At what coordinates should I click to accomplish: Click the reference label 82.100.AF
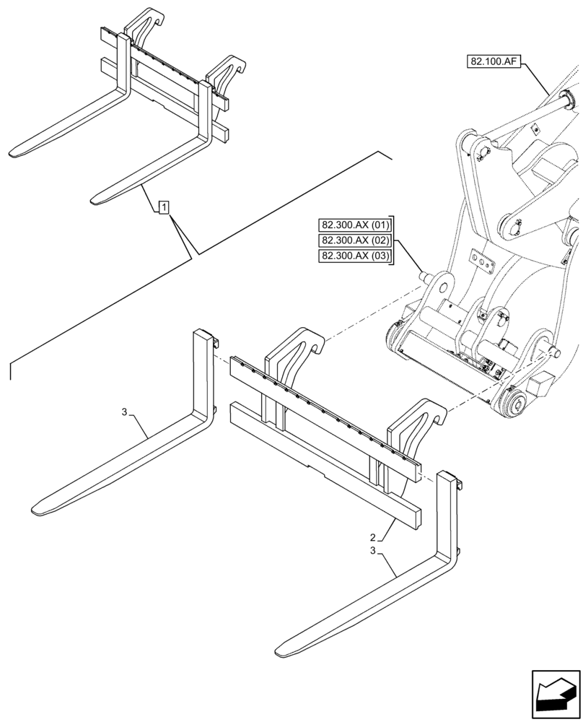[494, 63]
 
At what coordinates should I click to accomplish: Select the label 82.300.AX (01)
[355, 224]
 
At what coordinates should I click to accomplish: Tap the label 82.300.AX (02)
[355, 240]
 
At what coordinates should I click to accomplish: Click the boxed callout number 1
[165, 209]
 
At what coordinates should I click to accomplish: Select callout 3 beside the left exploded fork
[124, 412]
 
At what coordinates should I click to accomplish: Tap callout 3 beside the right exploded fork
[372, 551]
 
